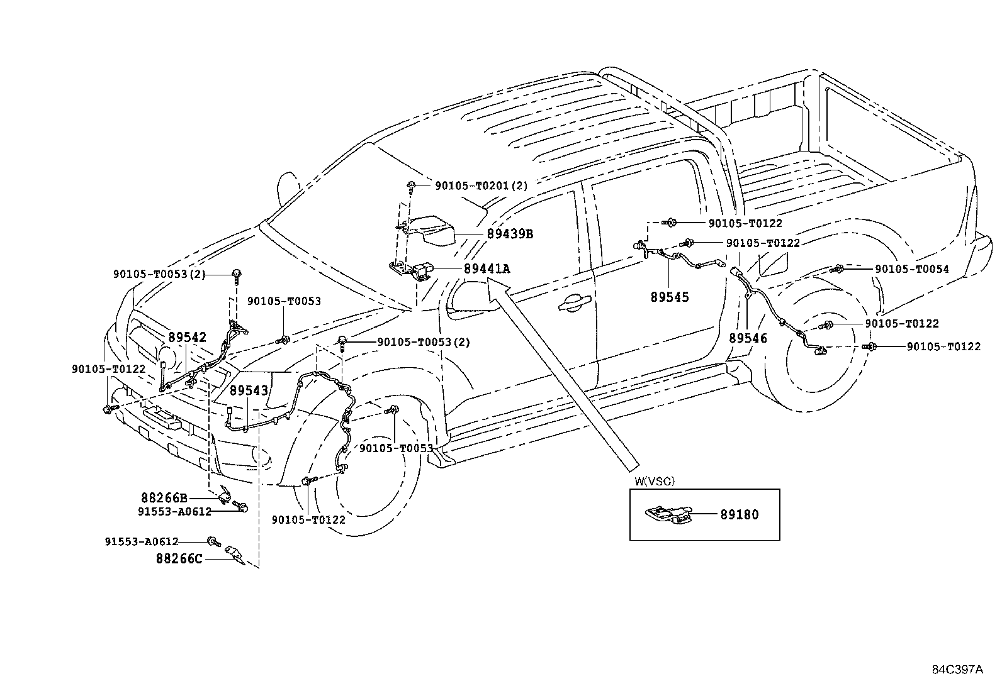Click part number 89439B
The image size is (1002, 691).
pyautogui.click(x=509, y=234)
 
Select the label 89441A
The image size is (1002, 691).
pyautogui.click(x=487, y=269)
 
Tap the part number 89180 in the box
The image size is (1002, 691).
pyautogui.click(x=740, y=514)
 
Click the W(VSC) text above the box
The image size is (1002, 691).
pyautogui.click(x=654, y=482)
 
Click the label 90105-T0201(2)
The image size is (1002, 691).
pyautogui.click(x=481, y=185)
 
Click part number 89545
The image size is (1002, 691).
pyautogui.click(x=670, y=297)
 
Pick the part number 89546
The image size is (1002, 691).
pyautogui.click(x=748, y=338)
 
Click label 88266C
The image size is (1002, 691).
pyautogui.click(x=179, y=558)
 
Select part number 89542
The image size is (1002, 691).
pyautogui.click(x=187, y=338)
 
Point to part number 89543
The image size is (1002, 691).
pyautogui.click(x=249, y=390)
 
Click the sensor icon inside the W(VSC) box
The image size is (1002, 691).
pyautogui.click(x=669, y=514)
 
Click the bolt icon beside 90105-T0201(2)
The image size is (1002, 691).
pyautogui.click(x=411, y=185)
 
